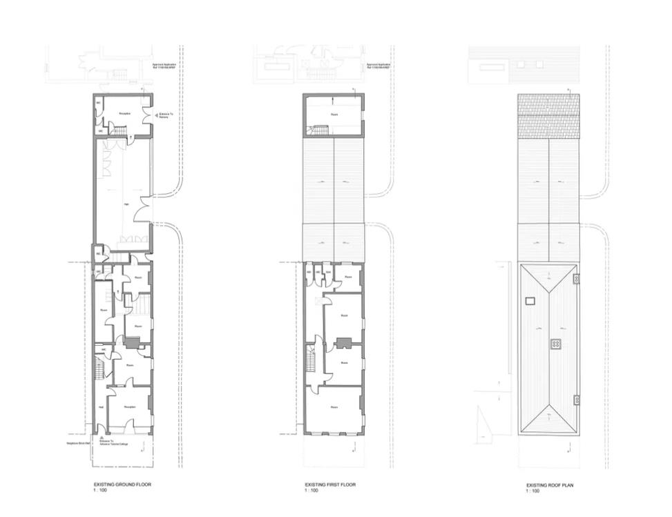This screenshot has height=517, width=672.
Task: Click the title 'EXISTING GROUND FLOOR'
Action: (122, 485)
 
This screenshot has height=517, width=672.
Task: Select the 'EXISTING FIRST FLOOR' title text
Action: (330, 485)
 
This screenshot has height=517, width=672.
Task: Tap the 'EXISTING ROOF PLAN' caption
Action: (549, 485)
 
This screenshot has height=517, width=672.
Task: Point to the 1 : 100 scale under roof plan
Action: (532, 491)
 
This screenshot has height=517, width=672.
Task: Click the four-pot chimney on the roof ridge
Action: (555, 343)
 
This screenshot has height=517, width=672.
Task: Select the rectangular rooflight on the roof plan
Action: (530, 300)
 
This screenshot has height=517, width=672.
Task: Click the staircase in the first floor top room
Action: (319, 129)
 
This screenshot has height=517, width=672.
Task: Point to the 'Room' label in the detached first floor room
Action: (334, 115)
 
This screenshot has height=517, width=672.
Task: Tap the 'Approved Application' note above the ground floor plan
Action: (165, 66)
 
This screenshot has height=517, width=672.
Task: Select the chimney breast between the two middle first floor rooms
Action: (343, 343)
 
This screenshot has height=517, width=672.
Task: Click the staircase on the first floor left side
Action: (311, 360)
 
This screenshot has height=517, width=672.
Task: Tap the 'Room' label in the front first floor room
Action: (334, 408)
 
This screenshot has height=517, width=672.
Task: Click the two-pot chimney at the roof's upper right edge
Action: (576, 277)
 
